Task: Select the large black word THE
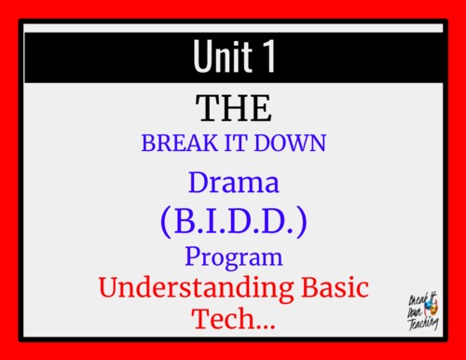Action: (x=233, y=108)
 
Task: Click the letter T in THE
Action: (x=207, y=108)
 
